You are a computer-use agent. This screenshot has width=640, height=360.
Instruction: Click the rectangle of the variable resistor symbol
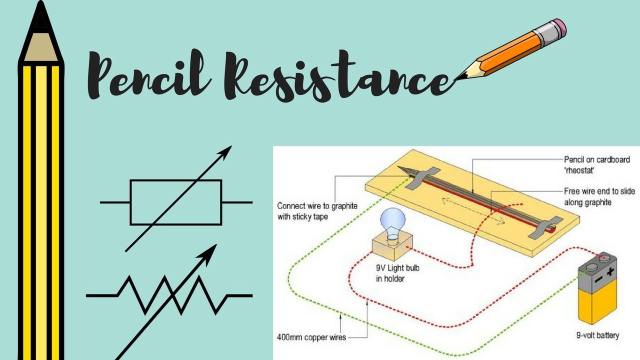(x=175, y=202)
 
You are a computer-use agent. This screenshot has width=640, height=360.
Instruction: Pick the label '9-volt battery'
(x=598, y=335)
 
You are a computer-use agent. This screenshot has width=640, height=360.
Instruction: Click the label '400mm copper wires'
(x=310, y=336)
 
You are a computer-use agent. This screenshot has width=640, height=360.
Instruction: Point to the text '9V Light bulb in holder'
(x=397, y=273)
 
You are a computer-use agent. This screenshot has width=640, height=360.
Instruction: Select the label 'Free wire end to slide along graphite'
(x=594, y=196)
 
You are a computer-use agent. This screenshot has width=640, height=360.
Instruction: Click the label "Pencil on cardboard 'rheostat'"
(x=596, y=164)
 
